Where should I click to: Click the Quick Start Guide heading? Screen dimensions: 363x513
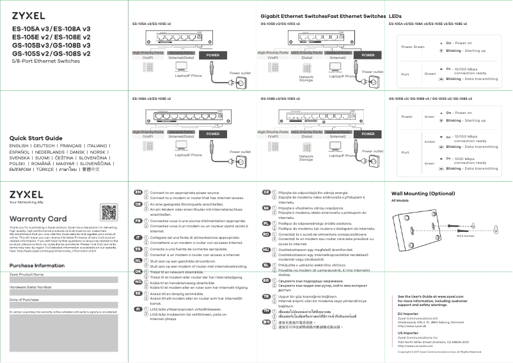click(36, 138)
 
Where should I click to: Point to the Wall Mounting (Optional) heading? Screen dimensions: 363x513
click(423, 193)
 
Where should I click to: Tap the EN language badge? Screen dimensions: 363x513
click(138, 192)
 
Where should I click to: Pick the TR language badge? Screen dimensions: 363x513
click(266, 297)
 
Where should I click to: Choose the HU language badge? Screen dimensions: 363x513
click(266, 249)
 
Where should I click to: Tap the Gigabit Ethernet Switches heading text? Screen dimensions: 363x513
click(294, 15)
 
